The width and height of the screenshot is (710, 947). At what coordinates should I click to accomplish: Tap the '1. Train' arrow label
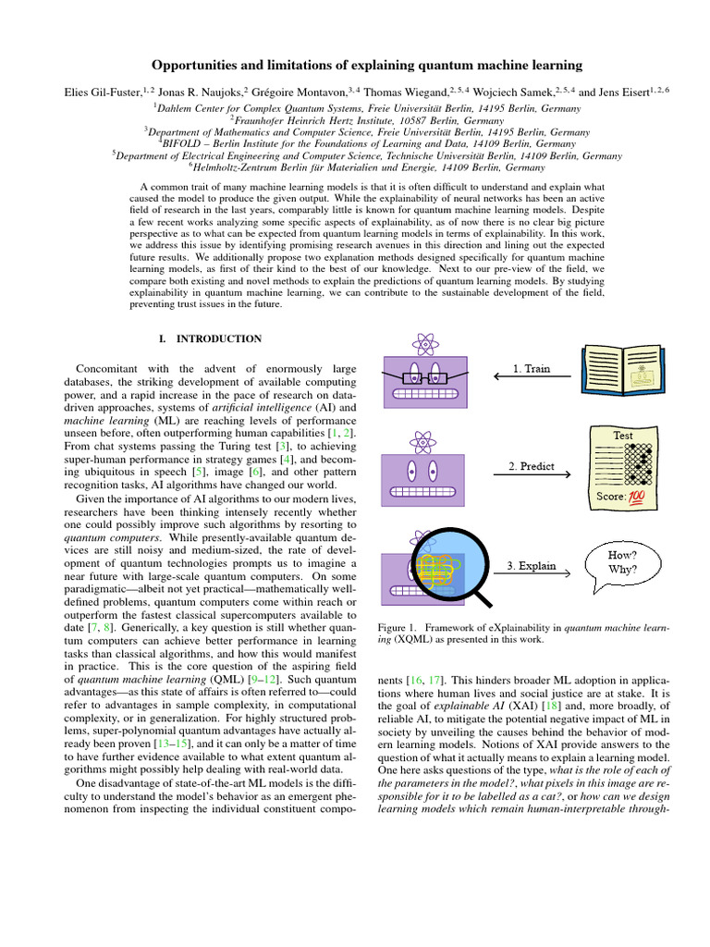click(531, 369)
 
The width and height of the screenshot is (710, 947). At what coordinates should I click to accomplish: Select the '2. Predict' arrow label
click(531, 467)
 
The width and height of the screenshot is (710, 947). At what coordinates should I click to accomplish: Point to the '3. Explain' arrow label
click(531, 564)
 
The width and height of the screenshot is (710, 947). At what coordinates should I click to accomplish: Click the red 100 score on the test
click(637, 498)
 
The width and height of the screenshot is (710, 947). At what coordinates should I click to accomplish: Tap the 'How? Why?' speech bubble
click(620, 563)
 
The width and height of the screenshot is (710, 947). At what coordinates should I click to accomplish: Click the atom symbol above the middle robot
click(424, 439)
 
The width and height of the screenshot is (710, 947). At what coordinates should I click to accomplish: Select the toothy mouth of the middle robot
click(424, 490)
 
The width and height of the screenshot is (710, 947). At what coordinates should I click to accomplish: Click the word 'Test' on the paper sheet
click(623, 435)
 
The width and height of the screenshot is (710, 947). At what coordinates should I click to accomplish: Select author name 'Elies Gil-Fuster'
click(99, 92)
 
